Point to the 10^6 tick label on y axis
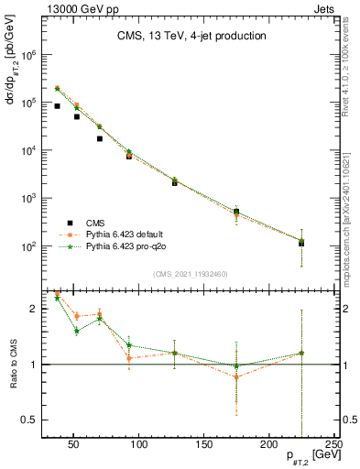(27, 55)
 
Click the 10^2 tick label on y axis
(27, 246)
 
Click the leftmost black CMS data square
(57, 106)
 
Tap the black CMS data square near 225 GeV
(301, 243)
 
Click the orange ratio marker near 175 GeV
(236, 376)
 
